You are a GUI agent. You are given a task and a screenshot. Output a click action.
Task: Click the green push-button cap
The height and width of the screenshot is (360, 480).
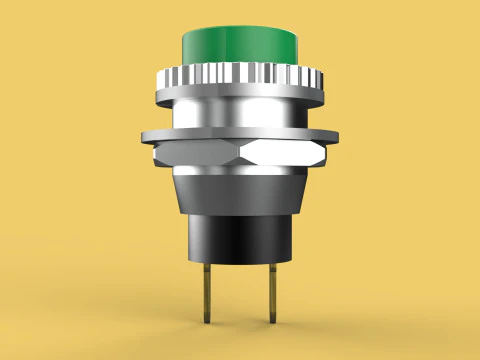pyautogui.click(x=240, y=46)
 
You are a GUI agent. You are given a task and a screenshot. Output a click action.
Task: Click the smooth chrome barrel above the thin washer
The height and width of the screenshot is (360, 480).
pyautogui.click(x=240, y=112)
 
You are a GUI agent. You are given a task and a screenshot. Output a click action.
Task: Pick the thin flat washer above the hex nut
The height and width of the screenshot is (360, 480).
pyautogui.click(x=240, y=134)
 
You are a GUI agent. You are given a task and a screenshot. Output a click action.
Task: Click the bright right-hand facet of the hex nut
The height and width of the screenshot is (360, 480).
pyautogui.click(x=288, y=153)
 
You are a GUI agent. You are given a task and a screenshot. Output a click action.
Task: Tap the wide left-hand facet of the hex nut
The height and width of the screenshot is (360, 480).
pyautogui.click(x=200, y=153)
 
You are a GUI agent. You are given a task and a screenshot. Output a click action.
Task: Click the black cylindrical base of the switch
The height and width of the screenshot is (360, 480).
pyautogui.click(x=240, y=235)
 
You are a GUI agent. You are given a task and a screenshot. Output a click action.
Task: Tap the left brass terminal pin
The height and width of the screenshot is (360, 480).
pyautogui.click(x=207, y=290)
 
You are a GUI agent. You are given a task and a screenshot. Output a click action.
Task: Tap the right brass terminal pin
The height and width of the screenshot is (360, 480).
pyautogui.click(x=273, y=290)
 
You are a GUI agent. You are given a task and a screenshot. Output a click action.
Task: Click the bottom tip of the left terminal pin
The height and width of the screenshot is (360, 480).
pyautogui.click(x=207, y=322)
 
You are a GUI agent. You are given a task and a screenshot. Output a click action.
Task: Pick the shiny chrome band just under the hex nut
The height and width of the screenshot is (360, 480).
pyautogui.click(x=240, y=171)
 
